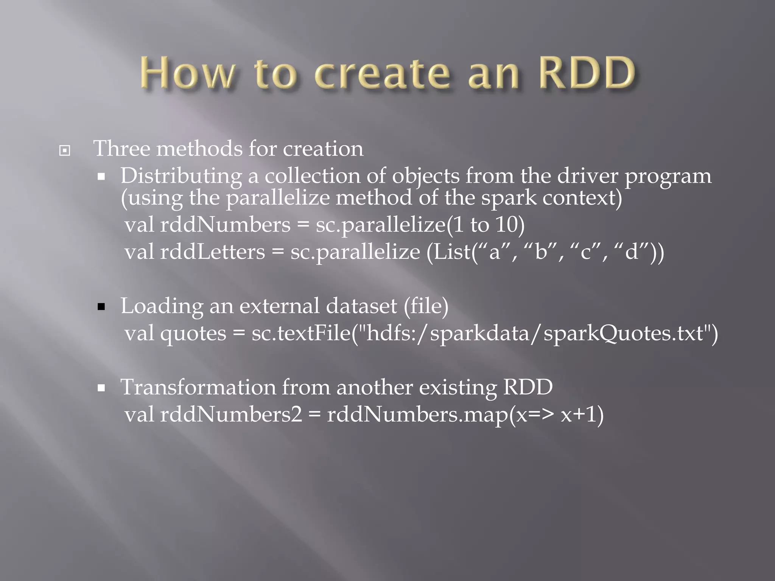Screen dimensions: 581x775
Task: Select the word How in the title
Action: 187,73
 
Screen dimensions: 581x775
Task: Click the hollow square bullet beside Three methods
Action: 65,151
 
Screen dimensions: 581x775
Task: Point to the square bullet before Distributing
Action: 101,177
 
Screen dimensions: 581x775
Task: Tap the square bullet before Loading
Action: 101,306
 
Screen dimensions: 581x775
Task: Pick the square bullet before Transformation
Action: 101,388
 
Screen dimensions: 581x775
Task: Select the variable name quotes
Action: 193,334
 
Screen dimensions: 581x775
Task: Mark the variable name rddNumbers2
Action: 231,415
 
